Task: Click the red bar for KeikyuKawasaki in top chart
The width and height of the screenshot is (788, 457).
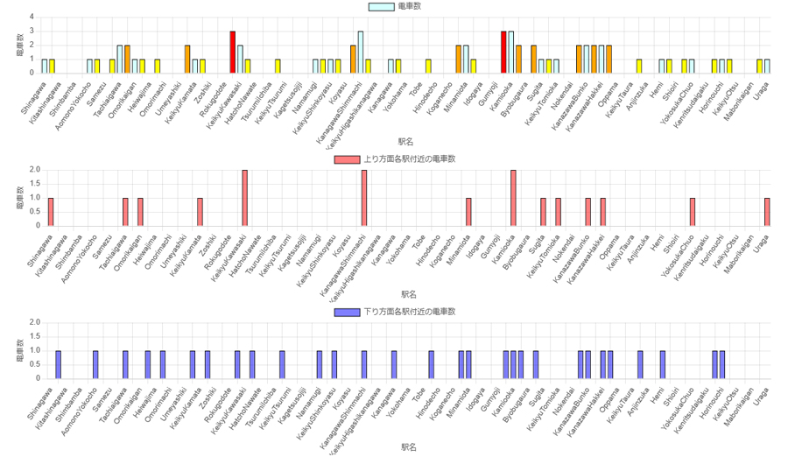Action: (x=233, y=52)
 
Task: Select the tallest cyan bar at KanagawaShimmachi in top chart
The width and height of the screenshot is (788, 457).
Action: (x=360, y=52)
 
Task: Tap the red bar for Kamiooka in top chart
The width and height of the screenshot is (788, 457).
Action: (x=503, y=52)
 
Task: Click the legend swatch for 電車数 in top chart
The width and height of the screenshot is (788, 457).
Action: (x=382, y=6)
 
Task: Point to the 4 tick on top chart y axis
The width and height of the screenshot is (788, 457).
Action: (x=32, y=17)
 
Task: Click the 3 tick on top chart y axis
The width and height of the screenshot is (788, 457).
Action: (x=32, y=31)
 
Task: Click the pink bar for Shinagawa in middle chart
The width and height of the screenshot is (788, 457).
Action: (x=51, y=211)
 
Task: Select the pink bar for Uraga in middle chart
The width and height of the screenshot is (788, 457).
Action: (x=767, y=211)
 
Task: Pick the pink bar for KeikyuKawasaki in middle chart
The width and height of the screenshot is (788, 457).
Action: (x=244, y=197)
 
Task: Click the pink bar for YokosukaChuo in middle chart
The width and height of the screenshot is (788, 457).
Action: (x=693, y=211)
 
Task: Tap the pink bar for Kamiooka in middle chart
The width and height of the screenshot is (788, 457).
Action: (x=513, y=197)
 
